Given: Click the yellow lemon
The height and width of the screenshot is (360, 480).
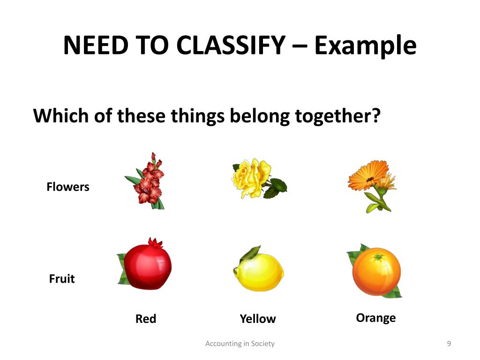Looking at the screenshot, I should point(259,271).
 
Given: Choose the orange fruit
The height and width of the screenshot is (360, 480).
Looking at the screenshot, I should point(376,272).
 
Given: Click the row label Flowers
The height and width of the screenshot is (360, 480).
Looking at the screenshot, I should point(67,187).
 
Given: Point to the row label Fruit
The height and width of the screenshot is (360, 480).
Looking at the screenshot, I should point(62,279).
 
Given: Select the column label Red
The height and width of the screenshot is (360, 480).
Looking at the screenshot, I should point(146,319).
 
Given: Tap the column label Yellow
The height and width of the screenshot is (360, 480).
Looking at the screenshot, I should point(258,319).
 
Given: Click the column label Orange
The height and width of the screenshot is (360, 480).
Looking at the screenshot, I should point(375,318).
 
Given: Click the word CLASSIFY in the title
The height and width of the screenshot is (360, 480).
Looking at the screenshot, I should point(231,45).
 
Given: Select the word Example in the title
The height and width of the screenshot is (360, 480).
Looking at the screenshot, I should point(365,45).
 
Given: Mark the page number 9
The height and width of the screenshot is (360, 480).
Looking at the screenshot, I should point(449,344).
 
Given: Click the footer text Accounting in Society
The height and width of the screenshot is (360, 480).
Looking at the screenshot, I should point(240,344).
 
